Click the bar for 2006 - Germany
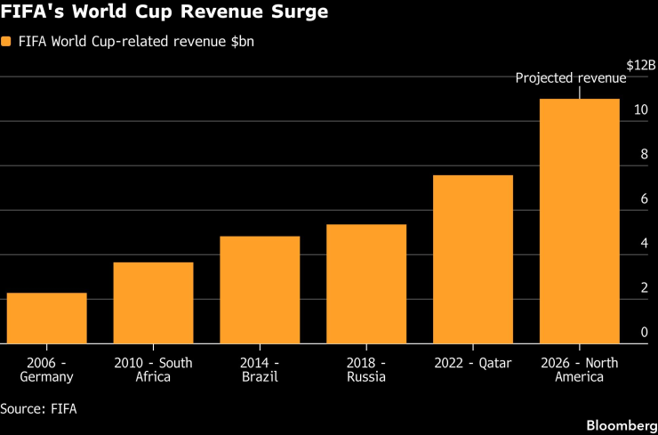click(x=47, y=318)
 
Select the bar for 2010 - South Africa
click(x=154, y=302)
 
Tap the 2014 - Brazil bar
click(x=260, y=290)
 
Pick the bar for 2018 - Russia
click(x=366, y=284)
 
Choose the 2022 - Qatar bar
click(x=473, y=259)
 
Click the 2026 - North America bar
click(x=580, y=222)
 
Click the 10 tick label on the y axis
click(x=642, y=110)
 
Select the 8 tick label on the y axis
click(x=645, y=155)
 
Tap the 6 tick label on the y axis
click(x=645, y=199)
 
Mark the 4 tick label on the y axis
click(x=645, y=244)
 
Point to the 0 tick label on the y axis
click(x=645, y=333)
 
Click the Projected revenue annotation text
click(x=571, y=78)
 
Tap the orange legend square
click(x=6, y=42)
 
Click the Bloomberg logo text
click(x=622, y=425)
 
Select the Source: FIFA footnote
click(x=38, y=408)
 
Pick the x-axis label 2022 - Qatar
click(x=473, y=363)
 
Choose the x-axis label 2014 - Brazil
click(x=261, y=370)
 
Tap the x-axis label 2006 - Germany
click(x=47, y=370)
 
